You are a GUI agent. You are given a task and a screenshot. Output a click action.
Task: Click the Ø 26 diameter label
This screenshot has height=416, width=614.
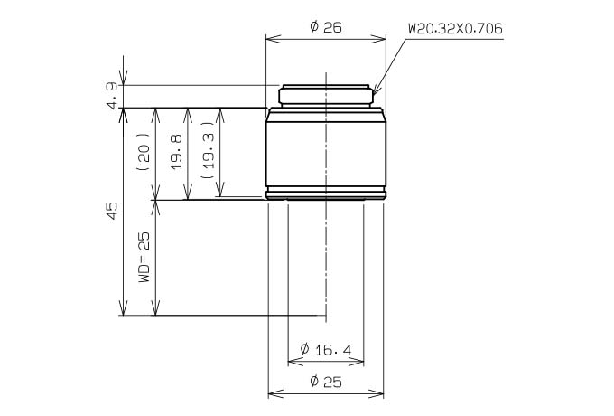(x=326, y=27)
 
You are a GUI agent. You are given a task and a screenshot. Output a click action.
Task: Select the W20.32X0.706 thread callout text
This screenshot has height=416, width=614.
(x=455, y=29)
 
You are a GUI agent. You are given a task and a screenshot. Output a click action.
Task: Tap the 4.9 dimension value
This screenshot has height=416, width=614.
(x=112, y=96)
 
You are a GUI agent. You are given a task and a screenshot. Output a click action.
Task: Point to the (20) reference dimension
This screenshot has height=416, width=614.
(x=144, y=152)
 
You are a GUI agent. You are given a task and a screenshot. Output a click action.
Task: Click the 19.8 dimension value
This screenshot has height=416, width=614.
(x=177, y=152)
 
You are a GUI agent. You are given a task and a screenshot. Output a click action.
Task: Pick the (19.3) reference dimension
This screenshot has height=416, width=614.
(x=209, y=150)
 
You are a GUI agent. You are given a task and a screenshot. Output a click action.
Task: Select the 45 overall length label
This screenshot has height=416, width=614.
(x=112, y=211)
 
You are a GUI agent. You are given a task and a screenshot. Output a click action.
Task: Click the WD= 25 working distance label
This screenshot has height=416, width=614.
(x=144, y=257)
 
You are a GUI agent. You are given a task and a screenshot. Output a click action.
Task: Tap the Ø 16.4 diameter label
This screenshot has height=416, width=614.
(x=326, y=349)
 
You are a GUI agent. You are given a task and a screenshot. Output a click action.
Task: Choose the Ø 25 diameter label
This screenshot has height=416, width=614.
(x=326, y=381)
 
